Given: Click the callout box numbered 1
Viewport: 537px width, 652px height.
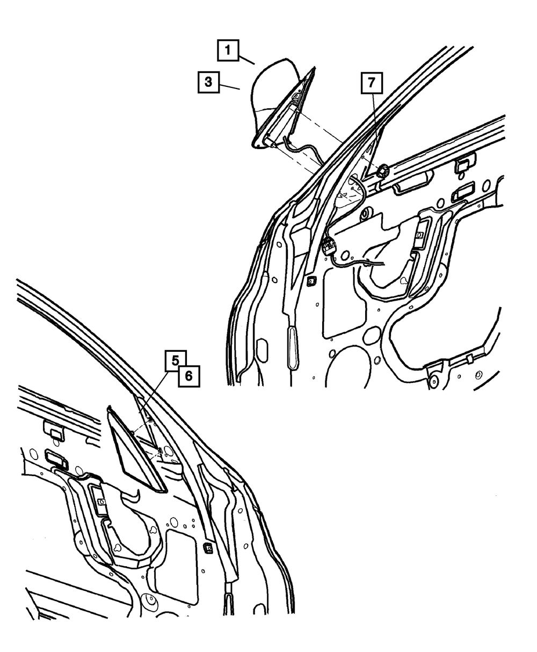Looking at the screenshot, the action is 228,50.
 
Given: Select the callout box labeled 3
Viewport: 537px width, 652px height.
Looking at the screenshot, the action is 209,82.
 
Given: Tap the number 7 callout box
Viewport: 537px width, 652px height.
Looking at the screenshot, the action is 372,83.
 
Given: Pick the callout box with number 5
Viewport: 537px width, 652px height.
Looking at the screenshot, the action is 176,360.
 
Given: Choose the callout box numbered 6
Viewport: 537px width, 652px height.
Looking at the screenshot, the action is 189,376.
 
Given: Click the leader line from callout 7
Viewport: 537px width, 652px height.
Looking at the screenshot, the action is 376,130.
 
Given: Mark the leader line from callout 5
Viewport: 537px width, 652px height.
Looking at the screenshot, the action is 154,392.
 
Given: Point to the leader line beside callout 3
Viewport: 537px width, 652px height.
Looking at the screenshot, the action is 230,86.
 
